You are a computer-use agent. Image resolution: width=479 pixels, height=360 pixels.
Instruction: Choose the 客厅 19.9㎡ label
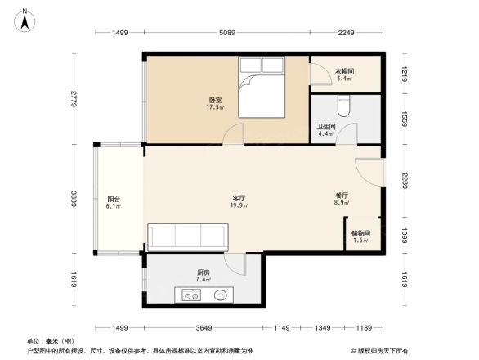(x=238, y=201)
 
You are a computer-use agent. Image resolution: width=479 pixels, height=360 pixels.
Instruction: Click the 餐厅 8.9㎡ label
(x=342, y=200)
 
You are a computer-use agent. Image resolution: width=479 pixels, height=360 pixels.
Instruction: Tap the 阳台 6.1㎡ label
(x=114, y=202)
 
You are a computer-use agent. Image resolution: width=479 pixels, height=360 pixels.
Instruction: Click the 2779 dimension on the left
(x=74, y=100)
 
